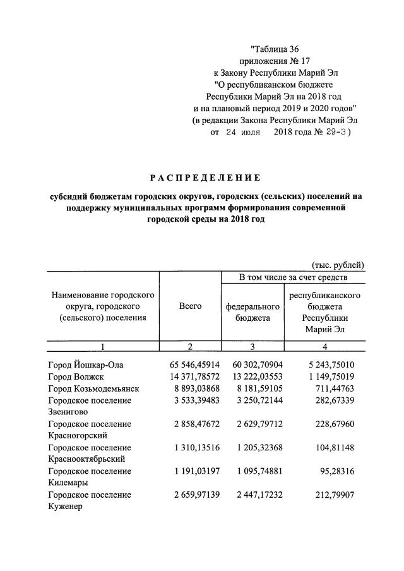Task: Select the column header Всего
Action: (190, 306)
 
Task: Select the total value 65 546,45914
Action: (194, 365)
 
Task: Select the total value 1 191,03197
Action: (194, 471)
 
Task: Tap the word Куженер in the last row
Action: (65, 507)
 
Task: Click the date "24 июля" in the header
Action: (242, 133)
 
